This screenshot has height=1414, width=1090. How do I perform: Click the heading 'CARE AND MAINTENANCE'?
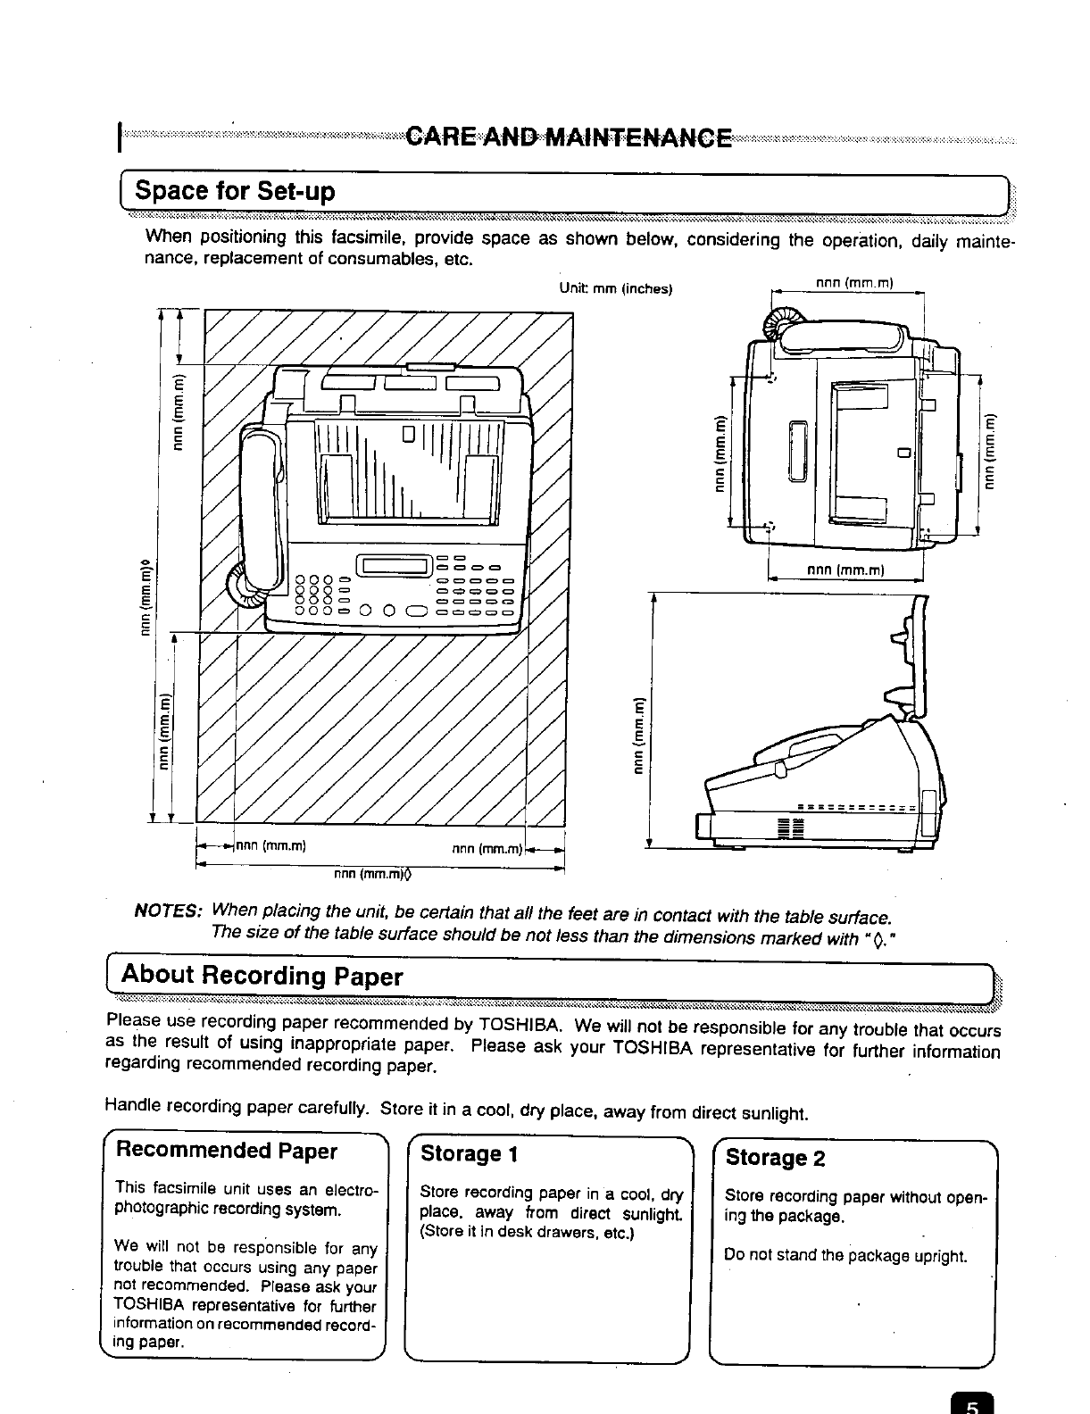tap(568, 139)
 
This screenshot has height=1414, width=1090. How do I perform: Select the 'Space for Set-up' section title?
tap(234, 192)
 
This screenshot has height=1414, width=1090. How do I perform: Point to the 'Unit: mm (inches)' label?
tap(615, 288)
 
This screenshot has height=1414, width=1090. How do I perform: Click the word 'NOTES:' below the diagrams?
tap(168, 911)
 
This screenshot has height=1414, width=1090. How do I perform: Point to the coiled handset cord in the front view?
tap(244, 589)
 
